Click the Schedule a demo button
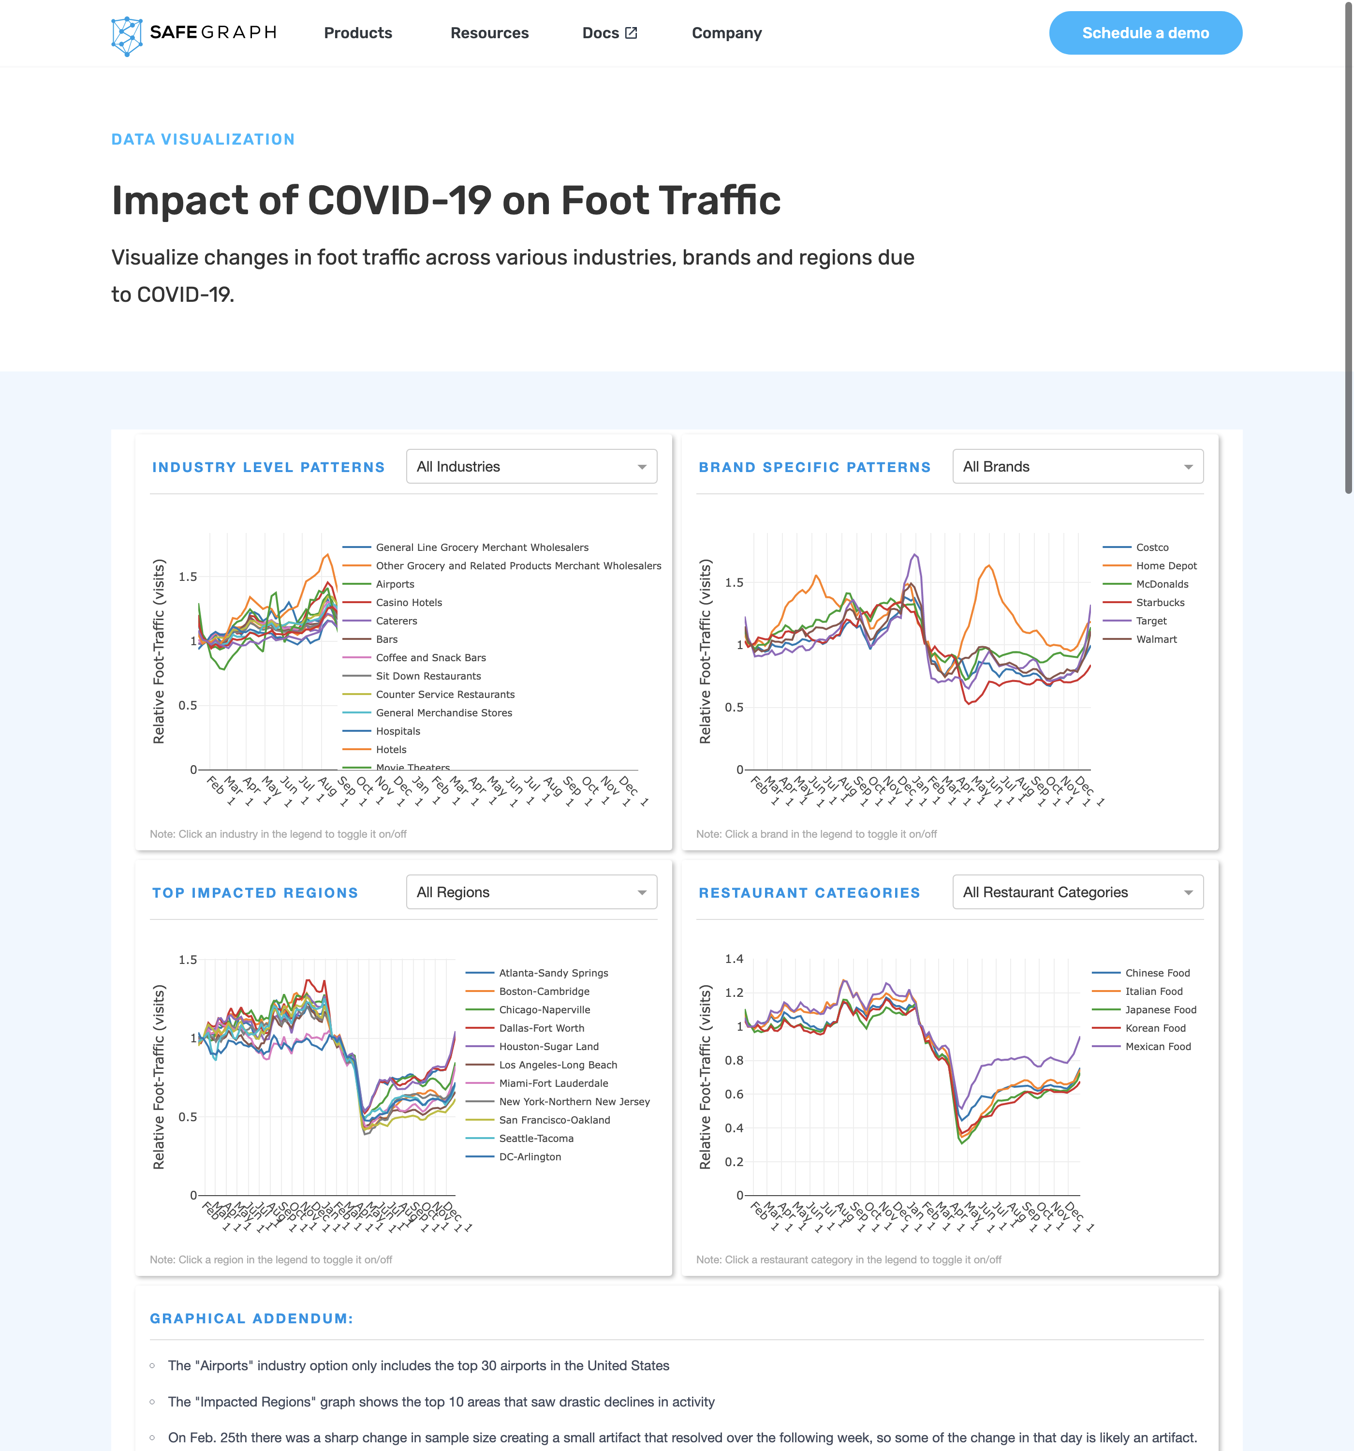point(1145,33)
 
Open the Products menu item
point(358,33)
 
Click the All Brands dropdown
point(1077,466)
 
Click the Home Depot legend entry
point(1166,566)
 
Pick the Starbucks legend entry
point(1160,602)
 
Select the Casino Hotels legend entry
point(409,602)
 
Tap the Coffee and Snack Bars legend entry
point(431,658)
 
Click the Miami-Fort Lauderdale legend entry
point(553,1083)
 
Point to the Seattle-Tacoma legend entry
point(536,1139)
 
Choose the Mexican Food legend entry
point(1158,1047)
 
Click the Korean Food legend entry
point(1155,1028)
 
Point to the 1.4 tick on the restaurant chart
point(734,959)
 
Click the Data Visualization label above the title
point(203,139)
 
